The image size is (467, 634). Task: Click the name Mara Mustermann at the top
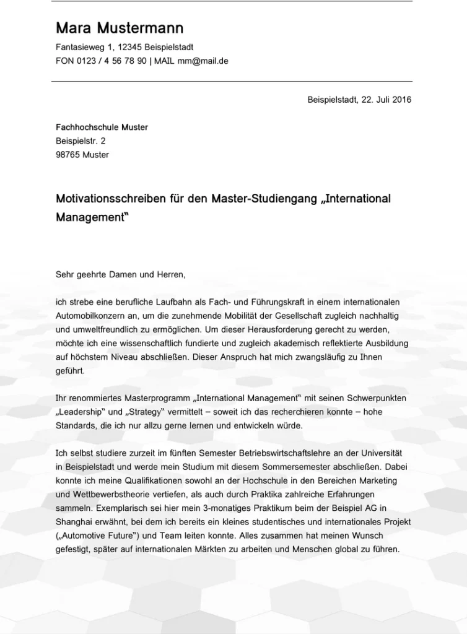[x=120, y=28]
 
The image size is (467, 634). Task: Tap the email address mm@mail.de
[x=203, y=61]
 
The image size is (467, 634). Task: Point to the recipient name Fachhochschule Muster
[x=102, y=128]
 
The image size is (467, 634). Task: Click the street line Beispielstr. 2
[x=81, y=141]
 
